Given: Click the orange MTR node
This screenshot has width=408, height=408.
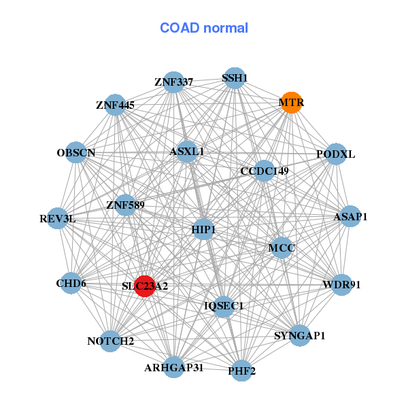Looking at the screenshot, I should coord(291,103).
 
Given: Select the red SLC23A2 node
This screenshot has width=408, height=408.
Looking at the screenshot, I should coord(144,286).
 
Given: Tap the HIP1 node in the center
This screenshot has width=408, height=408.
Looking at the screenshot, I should coord(203,230).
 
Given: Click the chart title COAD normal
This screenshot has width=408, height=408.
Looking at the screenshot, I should coord(204,28).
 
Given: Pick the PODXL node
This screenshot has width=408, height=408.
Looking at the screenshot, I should coord(336,154).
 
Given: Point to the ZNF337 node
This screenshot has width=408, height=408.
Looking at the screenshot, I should coord(174,82).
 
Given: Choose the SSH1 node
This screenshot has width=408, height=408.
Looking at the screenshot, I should coord(234,78).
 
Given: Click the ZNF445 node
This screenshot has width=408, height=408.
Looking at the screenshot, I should coord(116,105).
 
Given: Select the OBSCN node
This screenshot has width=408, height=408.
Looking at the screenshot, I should coord(76,153).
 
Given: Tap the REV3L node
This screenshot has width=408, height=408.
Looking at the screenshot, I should coord(58,219).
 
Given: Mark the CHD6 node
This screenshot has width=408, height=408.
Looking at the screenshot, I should coord(71,283).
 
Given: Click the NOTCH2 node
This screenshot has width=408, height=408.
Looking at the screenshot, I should coord(111,341).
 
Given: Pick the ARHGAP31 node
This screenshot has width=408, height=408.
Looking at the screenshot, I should coord(173,367).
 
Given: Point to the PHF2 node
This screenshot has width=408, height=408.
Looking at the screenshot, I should coord(241,371).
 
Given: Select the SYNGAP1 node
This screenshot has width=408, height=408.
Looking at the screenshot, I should coord(300,335).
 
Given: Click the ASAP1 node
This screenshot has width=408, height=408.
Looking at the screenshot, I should coord(350,217).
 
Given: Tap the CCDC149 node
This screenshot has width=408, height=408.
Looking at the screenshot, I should coord(264,171).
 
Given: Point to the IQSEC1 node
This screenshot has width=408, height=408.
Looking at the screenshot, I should coord(224,306).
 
